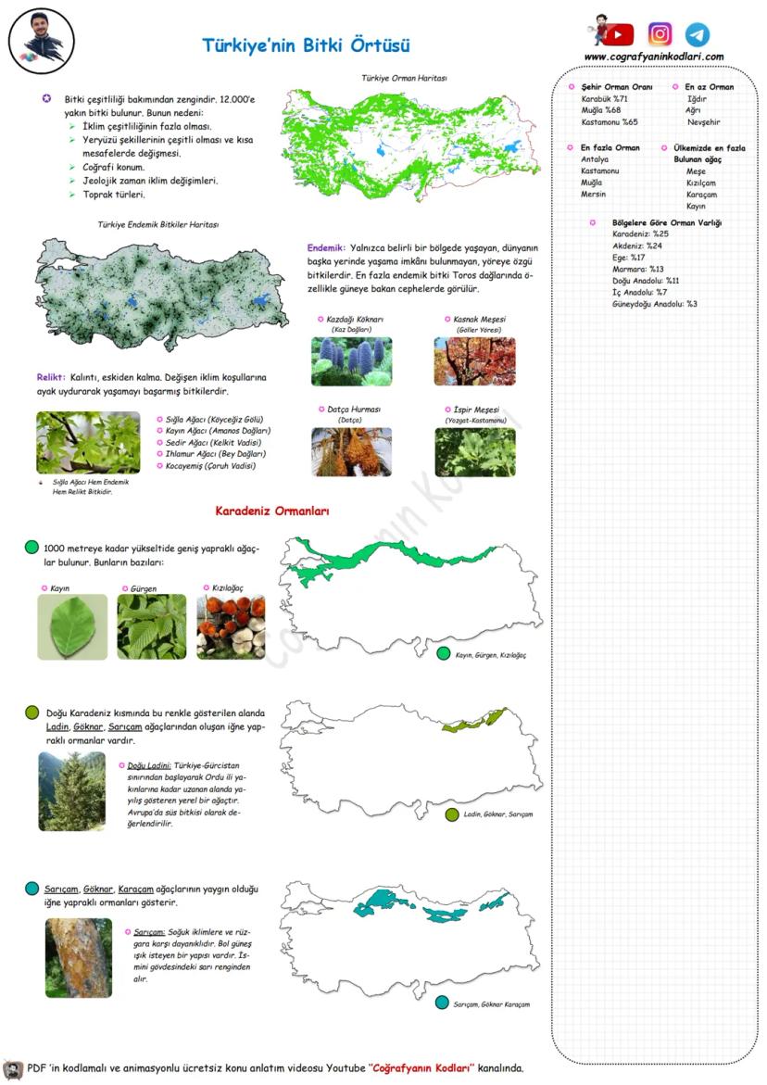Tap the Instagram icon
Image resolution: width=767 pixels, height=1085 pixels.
pyautogui.click(x=660, y=35)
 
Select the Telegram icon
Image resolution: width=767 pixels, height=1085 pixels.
pyautogui.click(x=698, y=35)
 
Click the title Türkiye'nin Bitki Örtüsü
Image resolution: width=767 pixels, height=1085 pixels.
pyautogui.click(x=306, y=45)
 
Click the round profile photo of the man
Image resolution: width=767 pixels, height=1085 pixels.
pyautogui.click(x=42, y=41)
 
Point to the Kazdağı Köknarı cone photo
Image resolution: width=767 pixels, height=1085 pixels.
pyautogui.click(x=351, y=361)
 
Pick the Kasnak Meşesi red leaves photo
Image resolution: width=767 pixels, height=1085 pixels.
pyautogui.click(x=475, y=361)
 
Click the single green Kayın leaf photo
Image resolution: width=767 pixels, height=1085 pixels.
pyautogui.click(x=72, y=627)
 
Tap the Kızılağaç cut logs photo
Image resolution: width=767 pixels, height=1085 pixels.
pyautogui.click(x=231, y=627)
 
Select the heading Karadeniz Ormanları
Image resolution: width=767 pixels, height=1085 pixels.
pyautogui.click(x=272, y=511)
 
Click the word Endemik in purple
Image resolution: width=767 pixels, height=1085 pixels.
pyautogui.click(x=326, y=248)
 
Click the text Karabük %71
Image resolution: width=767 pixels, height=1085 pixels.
pyautogui.click(x=604, y=98)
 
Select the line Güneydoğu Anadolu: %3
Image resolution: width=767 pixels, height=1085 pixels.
pyautogui.click(x=654, y=304)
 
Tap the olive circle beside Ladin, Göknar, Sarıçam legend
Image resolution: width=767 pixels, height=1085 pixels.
pyautogui.click(x=452, y=814)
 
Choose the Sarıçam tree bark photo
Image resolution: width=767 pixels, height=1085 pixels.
pyautogui.click(x=79, y=958)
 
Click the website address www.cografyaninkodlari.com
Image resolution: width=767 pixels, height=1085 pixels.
pyautogui.click(x=654, y=57)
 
